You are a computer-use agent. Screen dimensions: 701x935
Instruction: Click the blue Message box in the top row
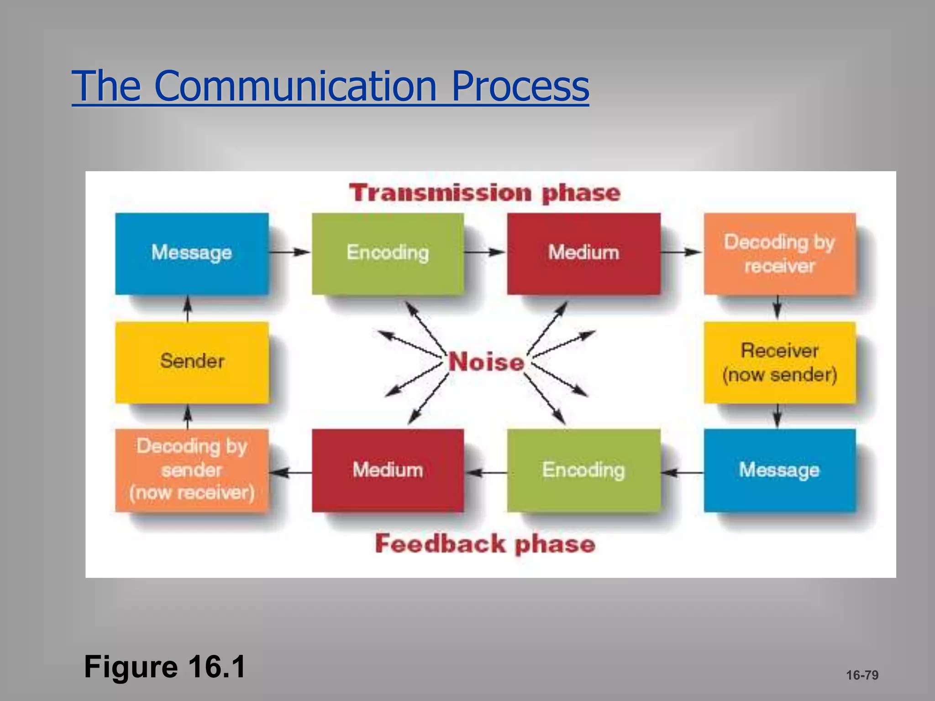(x=192, y=253)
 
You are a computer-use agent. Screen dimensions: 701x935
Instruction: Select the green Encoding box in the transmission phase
(x=388, y=253)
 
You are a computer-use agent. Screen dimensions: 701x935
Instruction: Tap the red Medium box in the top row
(x=583, y=253)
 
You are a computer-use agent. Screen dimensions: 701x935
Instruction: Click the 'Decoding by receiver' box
(x=779, y=253)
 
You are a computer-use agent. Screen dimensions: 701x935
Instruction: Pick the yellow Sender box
(x=192, y=362)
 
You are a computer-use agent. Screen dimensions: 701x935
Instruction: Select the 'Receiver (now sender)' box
(x=779, y=362)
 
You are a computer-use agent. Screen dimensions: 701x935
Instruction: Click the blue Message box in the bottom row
(x=779, y=470)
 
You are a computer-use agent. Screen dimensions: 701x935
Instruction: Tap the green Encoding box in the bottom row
(x=583, y=470)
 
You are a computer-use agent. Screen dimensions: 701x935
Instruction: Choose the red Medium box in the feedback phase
(x=388, y=470)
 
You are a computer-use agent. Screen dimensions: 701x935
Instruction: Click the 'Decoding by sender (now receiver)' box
(x=192, y=470)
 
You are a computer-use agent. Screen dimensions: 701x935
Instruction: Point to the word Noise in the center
(x=486, y=362)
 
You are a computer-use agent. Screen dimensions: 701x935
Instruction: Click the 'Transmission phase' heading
(x=485, y=193)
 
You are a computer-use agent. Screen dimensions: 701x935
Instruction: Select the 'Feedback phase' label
(x=485, y=544)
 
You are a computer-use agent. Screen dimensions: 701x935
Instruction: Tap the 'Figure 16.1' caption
(x=165, y=667)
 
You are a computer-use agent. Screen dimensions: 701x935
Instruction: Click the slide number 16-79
(x=862, y=675)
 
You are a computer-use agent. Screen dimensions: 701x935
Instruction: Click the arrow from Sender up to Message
(x=187, y=309)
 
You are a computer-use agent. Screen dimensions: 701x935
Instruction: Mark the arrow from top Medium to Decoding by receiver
(x=681, y=251)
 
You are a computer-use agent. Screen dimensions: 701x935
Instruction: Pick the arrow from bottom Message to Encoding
(x=682, y=473)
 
